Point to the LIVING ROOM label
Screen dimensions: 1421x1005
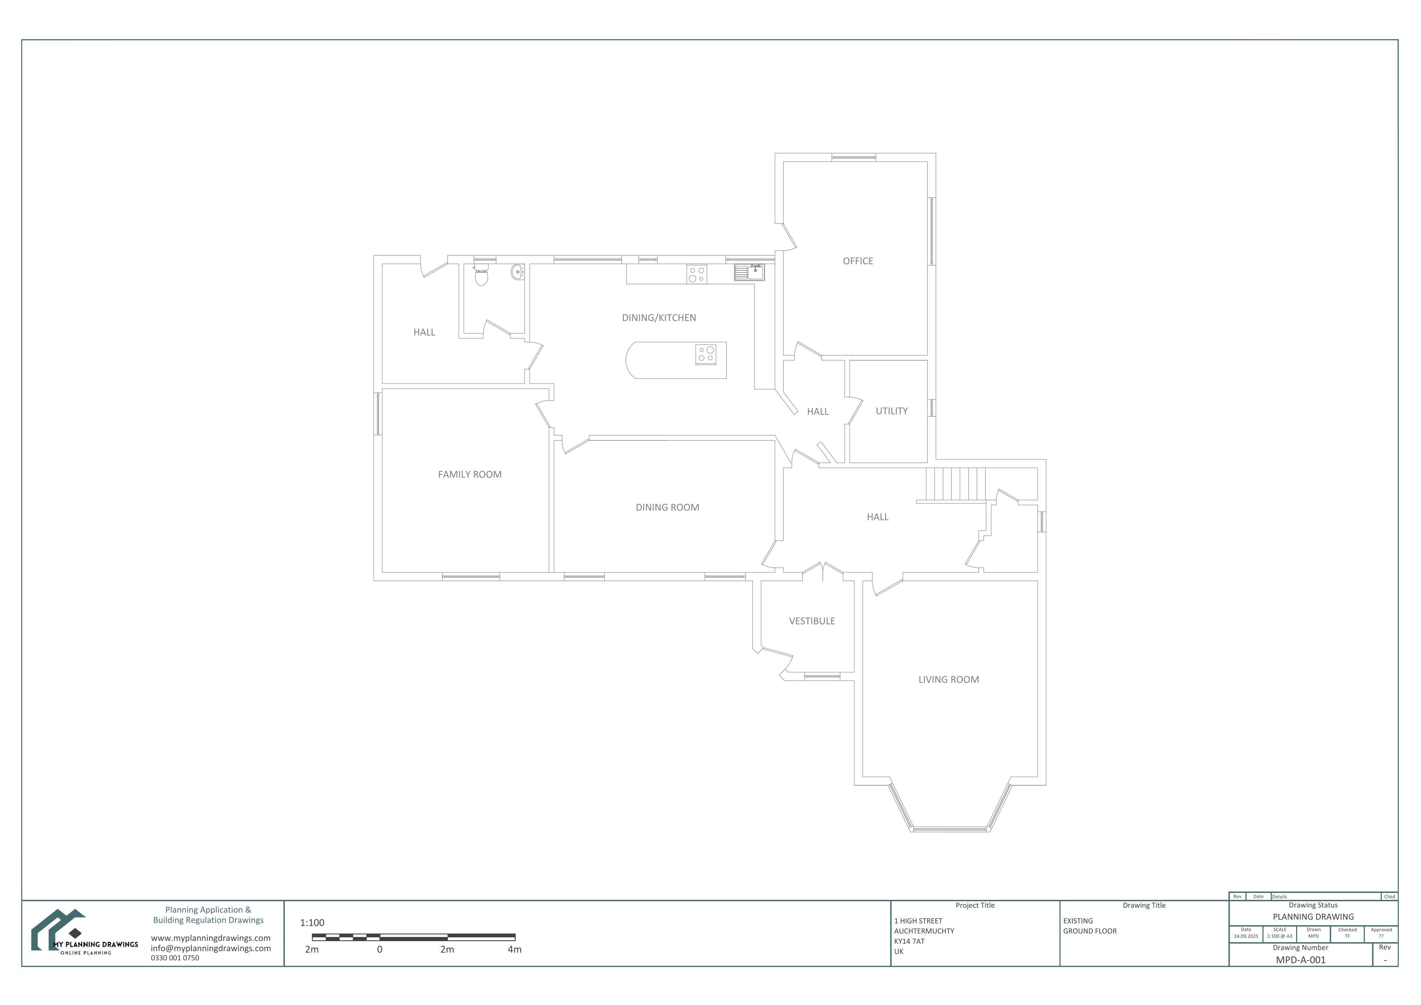tap(949, 679)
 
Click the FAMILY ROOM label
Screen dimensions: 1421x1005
tap(470, 474)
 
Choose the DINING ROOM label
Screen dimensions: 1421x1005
tap(667, 507)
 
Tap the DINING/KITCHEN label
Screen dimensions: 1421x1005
tap(659, 318)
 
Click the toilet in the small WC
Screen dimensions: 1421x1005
tap(481, 275)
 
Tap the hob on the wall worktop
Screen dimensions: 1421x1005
tap(696, 274)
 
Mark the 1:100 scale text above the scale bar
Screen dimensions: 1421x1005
tap(312, 923)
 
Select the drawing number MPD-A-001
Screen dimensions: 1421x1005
tap(1301, 960)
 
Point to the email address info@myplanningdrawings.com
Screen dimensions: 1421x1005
tap(211, 948)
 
